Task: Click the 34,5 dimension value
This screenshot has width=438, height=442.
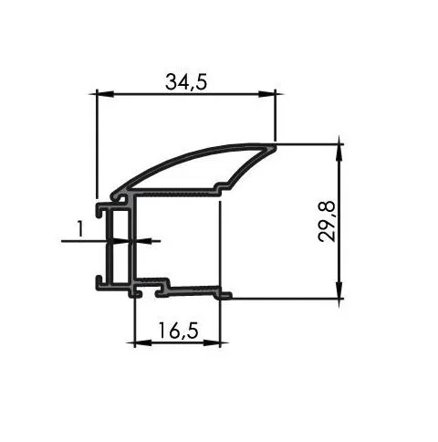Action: point(186,82)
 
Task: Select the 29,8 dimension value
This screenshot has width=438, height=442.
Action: point(327,221)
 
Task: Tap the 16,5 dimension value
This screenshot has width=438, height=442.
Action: point(178,331)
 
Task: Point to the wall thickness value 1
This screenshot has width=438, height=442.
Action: point(79,229)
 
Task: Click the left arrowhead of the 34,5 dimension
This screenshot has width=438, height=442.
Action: point(105,94)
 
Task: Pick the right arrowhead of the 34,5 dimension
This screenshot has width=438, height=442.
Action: point(266,94)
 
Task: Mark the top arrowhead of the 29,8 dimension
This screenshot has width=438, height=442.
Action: point(339,152)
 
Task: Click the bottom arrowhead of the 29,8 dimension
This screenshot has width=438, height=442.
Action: point(339,290)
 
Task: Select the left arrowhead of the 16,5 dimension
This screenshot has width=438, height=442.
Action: point(143,343)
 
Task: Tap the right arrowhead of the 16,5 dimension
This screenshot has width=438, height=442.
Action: point(212,343)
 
